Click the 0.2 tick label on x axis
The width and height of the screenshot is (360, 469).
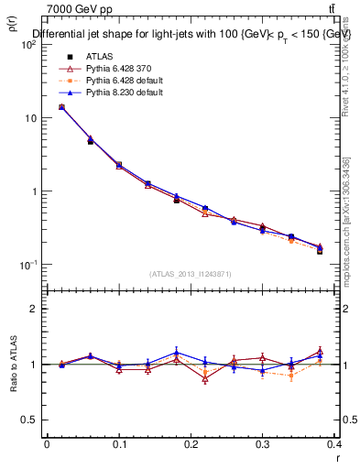click(191, 445)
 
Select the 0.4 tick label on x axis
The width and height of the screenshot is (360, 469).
click(334, 445)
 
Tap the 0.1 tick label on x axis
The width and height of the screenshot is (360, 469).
click(119, 445)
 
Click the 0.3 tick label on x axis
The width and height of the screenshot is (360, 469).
click(263, 445)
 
